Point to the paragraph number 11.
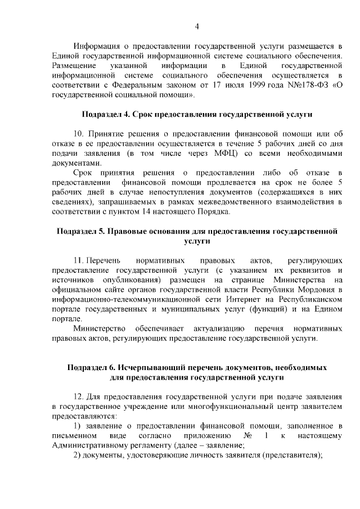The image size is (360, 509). click(x=79, y=260)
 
